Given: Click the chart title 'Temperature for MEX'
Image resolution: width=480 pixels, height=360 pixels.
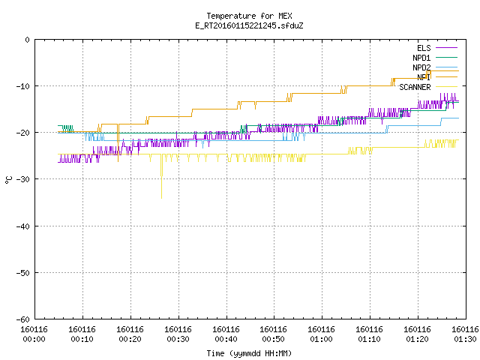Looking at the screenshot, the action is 249,16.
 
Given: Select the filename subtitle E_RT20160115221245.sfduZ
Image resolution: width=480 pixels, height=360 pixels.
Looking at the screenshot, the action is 249,25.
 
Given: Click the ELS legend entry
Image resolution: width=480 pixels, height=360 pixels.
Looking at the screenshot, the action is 437,48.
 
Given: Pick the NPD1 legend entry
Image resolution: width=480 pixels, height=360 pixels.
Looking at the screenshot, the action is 435,58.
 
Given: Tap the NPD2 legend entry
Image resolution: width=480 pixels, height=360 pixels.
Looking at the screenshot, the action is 435,67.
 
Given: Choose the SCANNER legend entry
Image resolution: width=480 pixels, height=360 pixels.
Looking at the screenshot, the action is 428,87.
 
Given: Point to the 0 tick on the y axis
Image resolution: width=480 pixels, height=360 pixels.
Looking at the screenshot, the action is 28,40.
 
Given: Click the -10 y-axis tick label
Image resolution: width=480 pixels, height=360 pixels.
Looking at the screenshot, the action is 23,86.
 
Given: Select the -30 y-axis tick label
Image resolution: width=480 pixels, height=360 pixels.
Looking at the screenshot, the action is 23,179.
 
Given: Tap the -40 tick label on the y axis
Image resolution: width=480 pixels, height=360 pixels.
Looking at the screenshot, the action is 23,226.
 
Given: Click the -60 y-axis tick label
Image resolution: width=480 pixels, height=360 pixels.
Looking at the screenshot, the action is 23,319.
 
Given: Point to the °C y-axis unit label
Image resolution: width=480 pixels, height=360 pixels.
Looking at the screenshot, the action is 8,180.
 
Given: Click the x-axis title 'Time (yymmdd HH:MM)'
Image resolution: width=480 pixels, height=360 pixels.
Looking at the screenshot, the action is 249,353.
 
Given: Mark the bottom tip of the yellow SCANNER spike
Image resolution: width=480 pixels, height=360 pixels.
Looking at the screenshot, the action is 162,198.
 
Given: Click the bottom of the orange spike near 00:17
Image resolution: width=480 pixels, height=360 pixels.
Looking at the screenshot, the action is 118,161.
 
